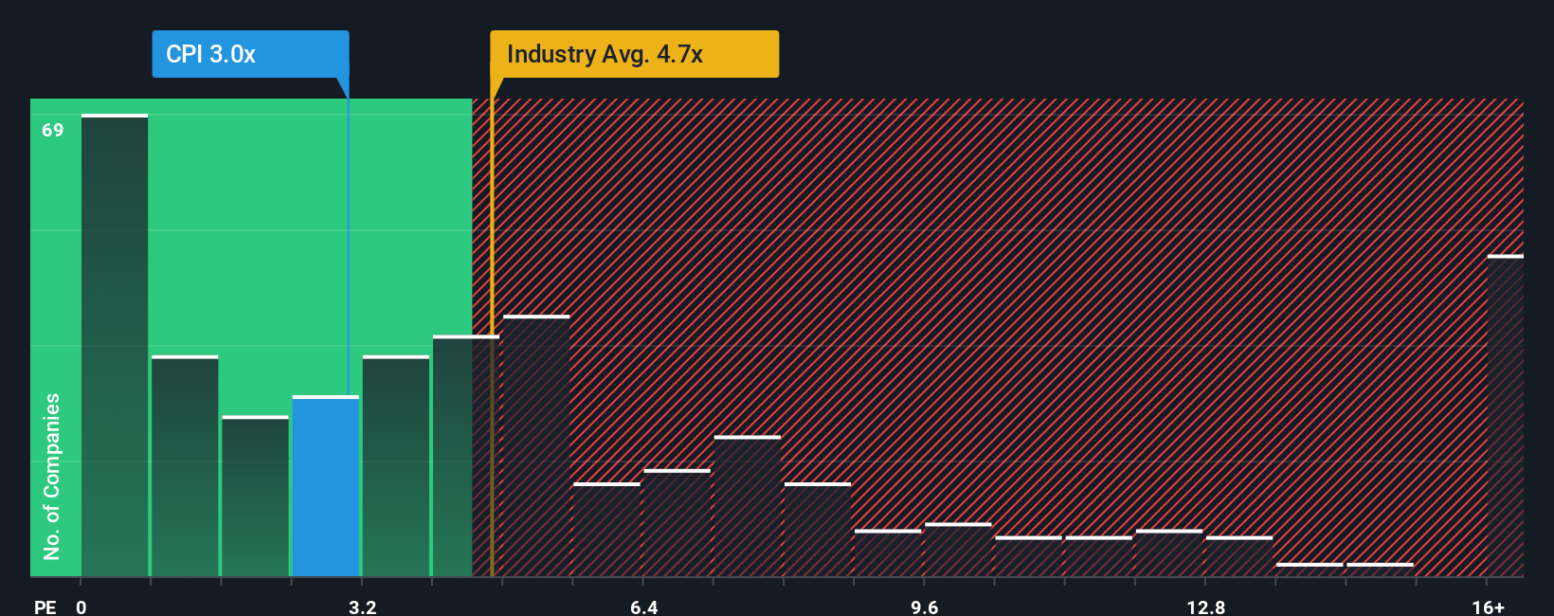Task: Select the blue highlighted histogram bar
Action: click(326, 486)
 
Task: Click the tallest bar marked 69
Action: click(115, 346)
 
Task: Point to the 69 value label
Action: click(53, 130)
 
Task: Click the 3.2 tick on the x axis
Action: click(362, 607)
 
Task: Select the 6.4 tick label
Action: click(643, 607)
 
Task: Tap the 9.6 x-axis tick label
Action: click(924, 607)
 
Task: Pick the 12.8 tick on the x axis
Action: click(1205, 607)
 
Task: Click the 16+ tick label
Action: click(1488, 607)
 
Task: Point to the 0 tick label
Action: click(81, 607)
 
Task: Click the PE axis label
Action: click(45, 607)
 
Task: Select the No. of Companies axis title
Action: click(52, 476)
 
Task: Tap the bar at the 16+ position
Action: click(1505, 416)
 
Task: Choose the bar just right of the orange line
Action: click(536, 446)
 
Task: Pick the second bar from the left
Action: click(185, 466)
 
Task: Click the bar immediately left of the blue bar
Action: click(255, 497)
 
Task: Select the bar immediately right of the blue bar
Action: click(396, 466)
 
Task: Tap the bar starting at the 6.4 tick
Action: click(677, 523)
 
